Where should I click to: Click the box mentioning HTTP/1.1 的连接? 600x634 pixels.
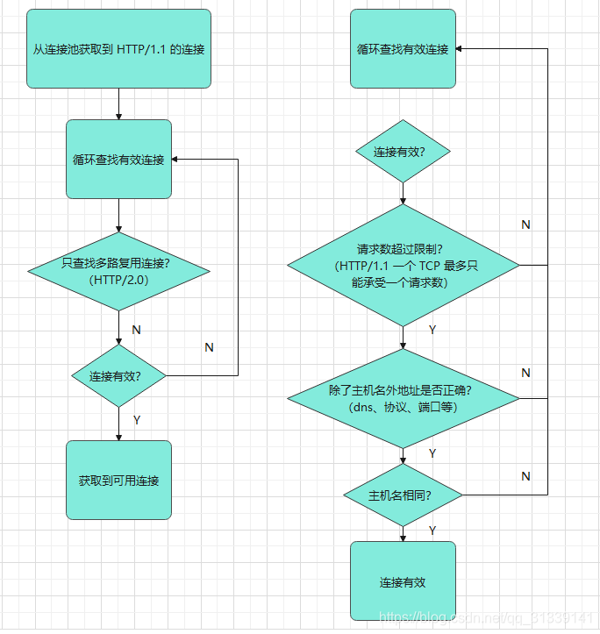118,49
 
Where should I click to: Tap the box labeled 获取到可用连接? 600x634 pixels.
118,480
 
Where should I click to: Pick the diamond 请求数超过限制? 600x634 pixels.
403,265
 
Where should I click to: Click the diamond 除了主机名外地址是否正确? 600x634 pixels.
403,398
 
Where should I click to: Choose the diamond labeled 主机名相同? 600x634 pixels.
403,495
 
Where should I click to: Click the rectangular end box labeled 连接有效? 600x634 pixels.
403,581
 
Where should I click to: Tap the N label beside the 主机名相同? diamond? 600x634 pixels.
525,476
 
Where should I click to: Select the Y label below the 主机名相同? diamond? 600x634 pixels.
432,531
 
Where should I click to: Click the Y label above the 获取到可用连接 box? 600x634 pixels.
137,420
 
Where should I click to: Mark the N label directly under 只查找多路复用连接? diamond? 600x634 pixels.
136,330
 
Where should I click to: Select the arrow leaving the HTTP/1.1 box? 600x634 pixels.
118,103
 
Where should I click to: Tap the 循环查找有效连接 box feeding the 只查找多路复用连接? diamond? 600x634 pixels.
118,160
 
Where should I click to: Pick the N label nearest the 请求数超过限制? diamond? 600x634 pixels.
525,224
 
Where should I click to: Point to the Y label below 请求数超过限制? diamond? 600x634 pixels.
432,330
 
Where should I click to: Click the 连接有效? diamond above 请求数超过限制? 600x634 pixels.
403,152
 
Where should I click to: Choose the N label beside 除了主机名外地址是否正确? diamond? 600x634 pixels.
525,373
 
